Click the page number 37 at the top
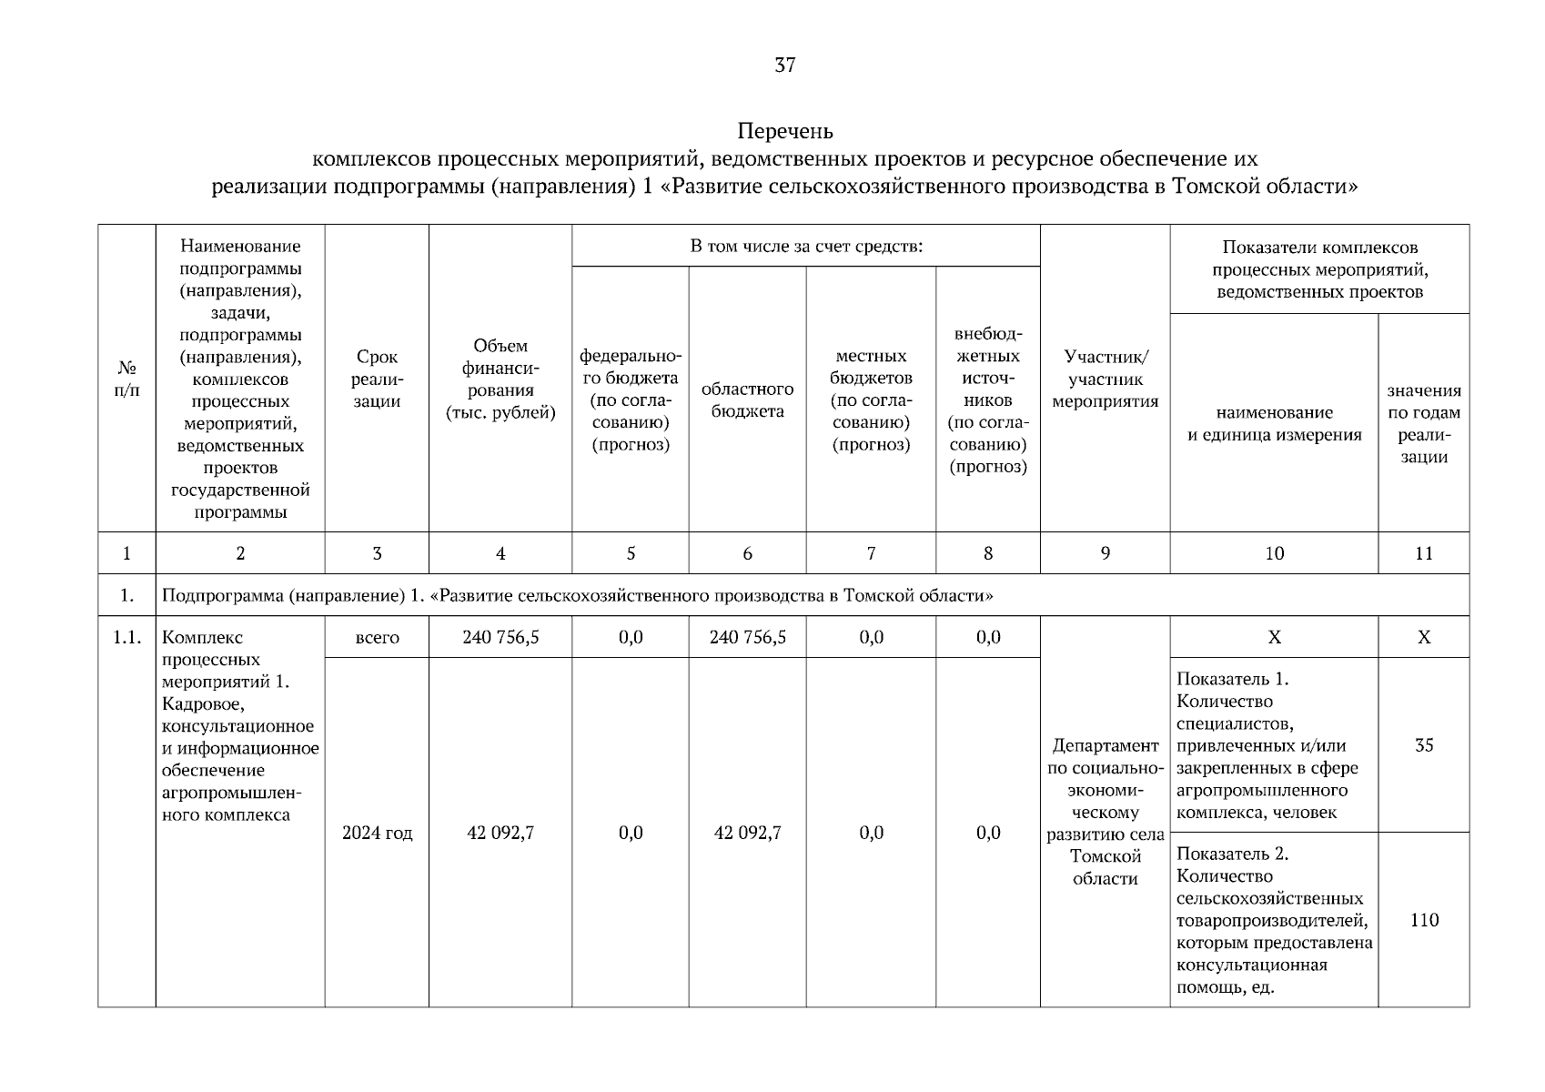coord(784,65)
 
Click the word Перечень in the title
coord(784,131)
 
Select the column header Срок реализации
coord(377,379)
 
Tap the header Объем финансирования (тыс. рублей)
coord(500,379)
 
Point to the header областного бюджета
coord(747,400)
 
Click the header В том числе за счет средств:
coord(806,247)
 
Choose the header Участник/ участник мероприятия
coord(1105,379)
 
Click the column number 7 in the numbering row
coord(871,553)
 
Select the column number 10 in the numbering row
coord(1274,553)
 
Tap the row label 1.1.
coord(126,637)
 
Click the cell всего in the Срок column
coord(377,637)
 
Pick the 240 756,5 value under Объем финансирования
coord(500,637)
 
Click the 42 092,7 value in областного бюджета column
coord(747,833)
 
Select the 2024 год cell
coord(377,833)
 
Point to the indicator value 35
coord(1423,745)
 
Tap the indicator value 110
coord(1423,920)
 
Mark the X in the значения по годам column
coord(1423,637)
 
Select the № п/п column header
coord(126,379)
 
